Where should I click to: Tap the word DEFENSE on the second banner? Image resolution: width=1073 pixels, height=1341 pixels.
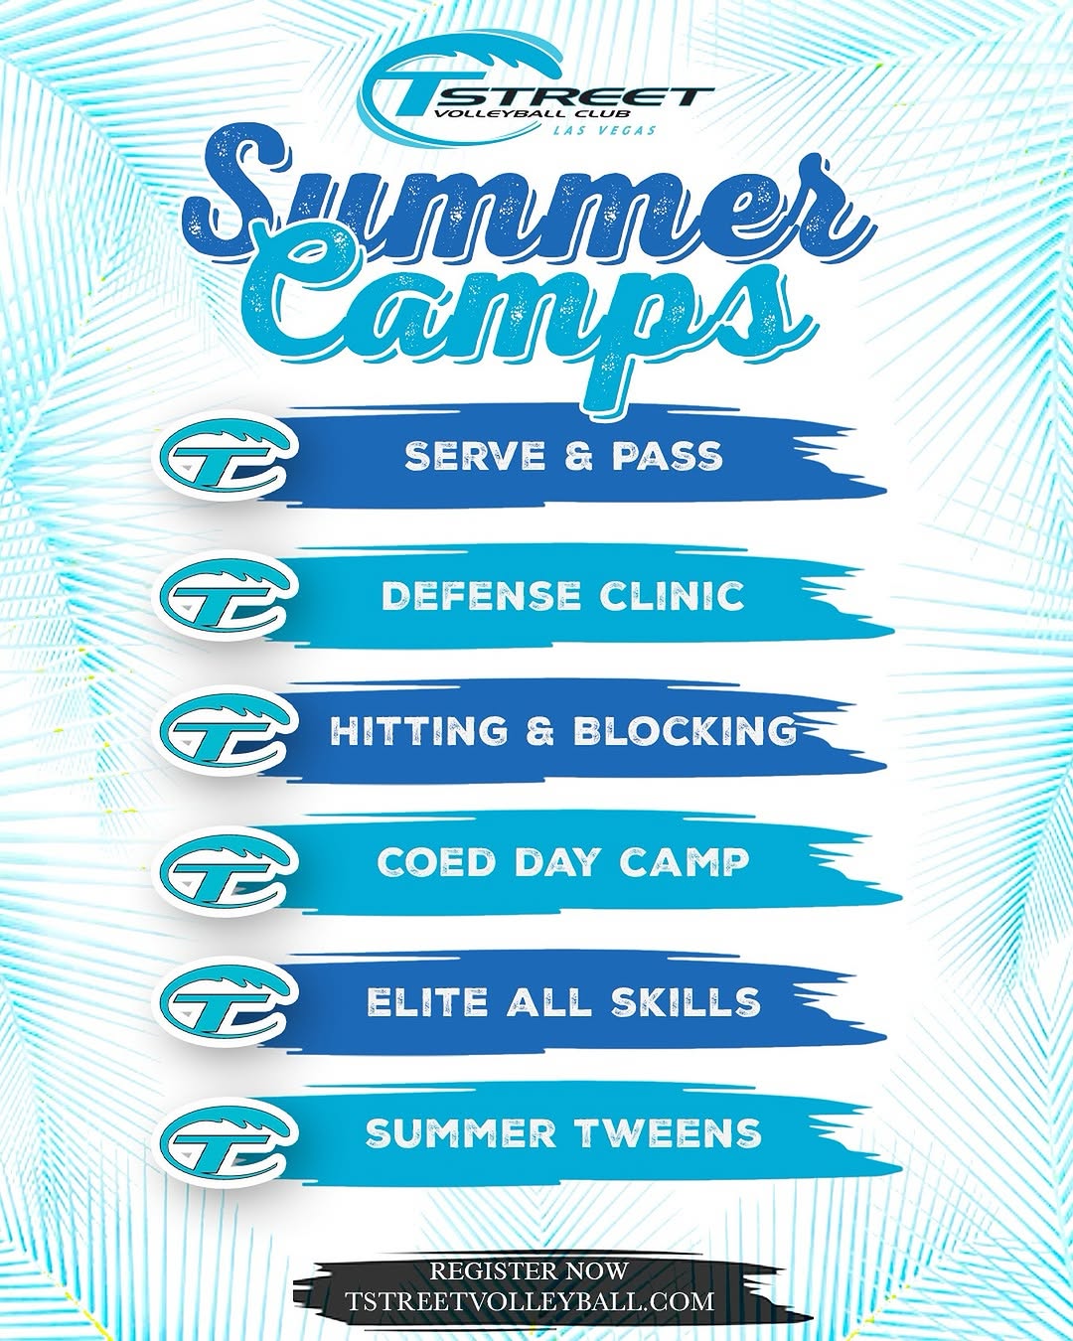click(480, 596)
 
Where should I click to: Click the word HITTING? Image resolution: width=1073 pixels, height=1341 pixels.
click(417, 730)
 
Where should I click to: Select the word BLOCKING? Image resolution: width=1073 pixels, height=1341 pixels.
click(685, 730)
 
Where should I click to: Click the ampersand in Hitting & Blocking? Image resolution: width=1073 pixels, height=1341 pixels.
click(539, 730)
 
